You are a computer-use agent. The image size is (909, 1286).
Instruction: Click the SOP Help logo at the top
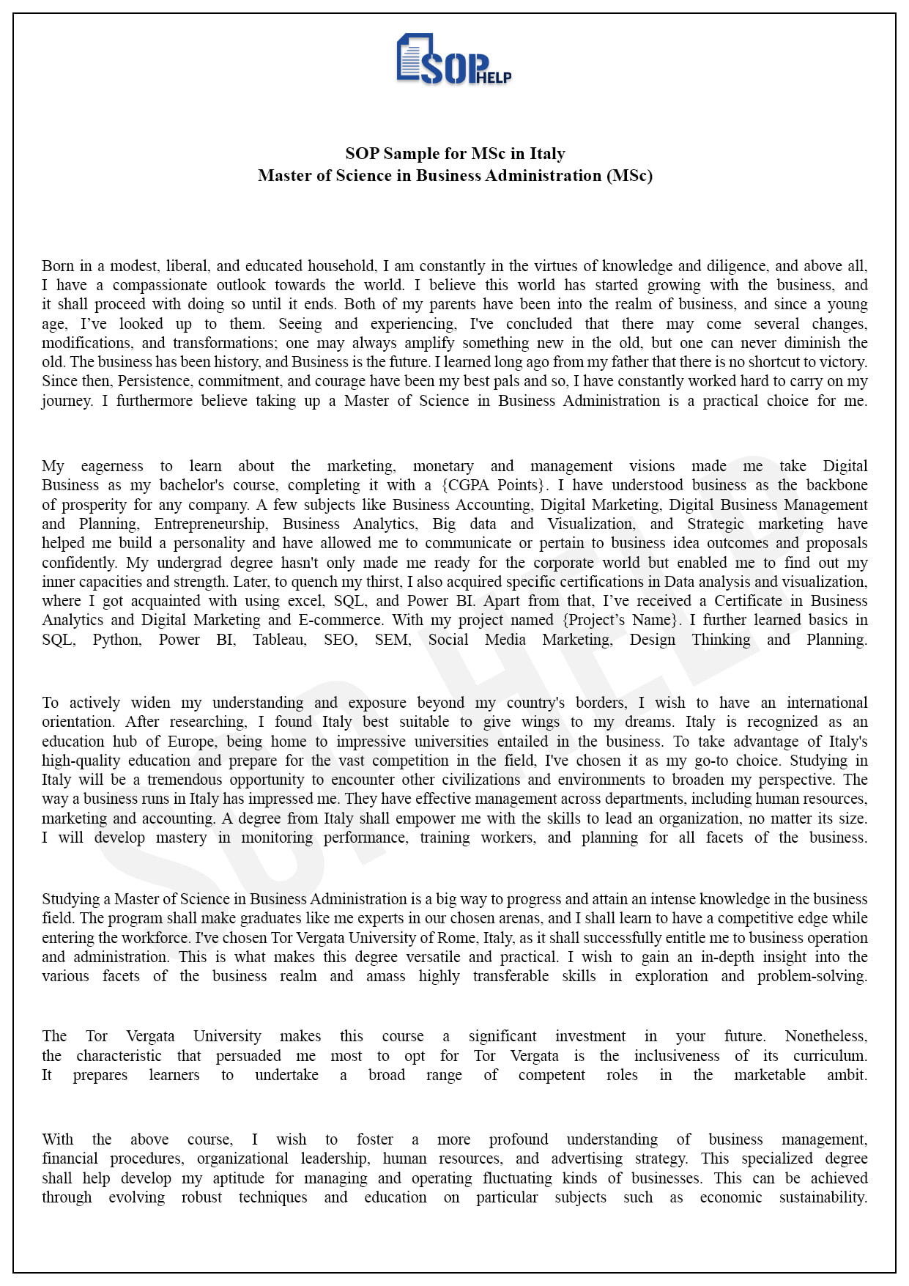[453, 59]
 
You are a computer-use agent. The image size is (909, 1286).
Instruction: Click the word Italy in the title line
[547, 154]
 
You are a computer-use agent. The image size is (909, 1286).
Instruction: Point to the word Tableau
[280, 640]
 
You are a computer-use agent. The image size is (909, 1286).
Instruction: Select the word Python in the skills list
[117, 640]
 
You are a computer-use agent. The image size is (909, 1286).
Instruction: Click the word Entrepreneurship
[209, 524]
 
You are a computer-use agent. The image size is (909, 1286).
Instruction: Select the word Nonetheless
[825, 1036]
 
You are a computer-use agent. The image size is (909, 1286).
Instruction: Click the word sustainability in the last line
[823, 1197]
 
